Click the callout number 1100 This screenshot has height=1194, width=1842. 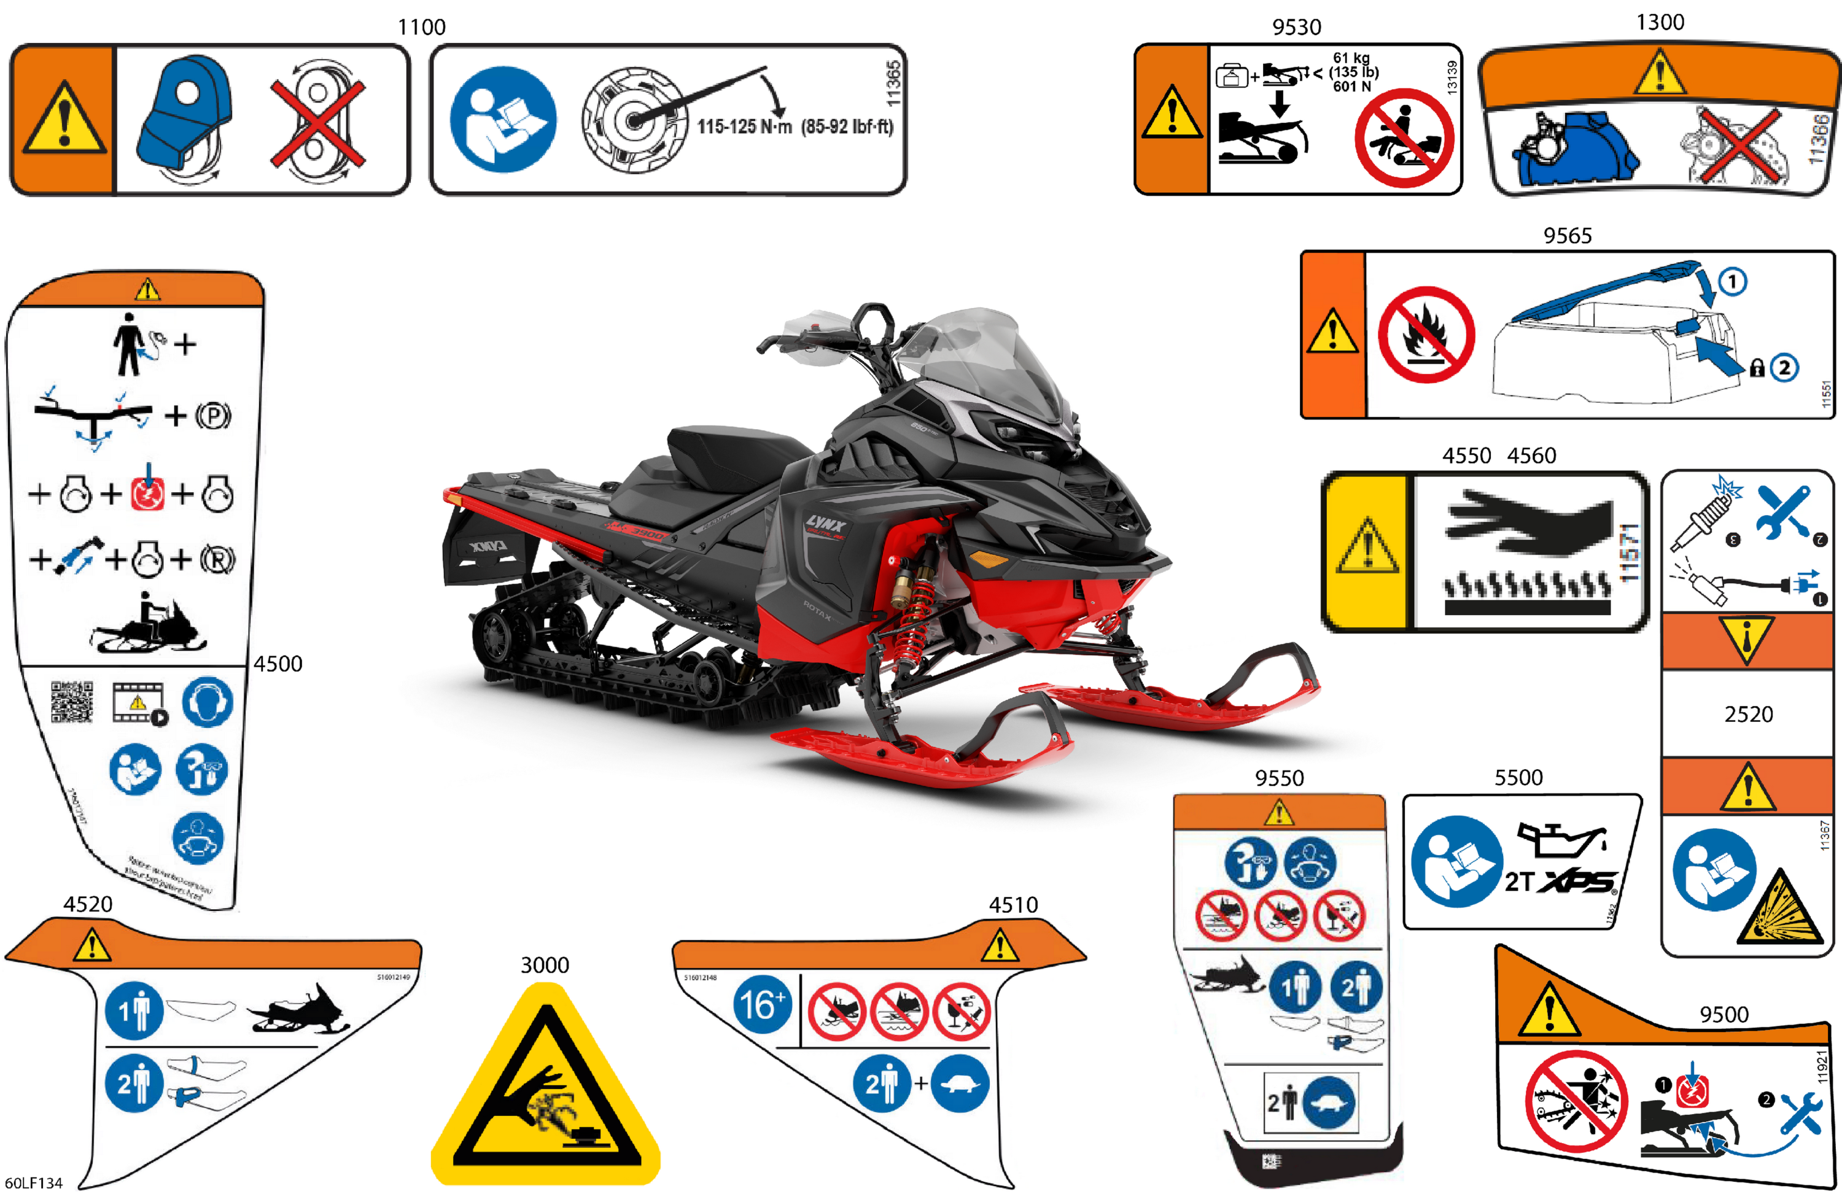pyautogui.click(x=421, y=27)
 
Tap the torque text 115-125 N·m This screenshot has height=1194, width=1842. pyautogui.click(x=745, y=126)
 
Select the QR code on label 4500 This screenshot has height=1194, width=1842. pyautogui.click(x=72, y=701)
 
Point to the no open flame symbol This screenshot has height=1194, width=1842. pyautogui.click(x=1426, y=335)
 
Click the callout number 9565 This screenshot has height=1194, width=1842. pyautogui.click(x=1568, y=235)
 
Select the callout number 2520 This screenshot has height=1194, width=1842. pyautogui.click(x=1748, y=713)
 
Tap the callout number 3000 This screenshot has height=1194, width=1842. pyautogui.click(x=544, y=965)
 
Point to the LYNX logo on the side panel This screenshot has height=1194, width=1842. pyautogui.click(x=826, y=524)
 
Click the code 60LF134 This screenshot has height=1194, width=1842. pyautogui.click(x=33, y=1182)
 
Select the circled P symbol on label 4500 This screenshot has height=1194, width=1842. pyautogui.click(x=213, y=416)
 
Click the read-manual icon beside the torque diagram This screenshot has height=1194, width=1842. pyautogui.click(x=503, y=119)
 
